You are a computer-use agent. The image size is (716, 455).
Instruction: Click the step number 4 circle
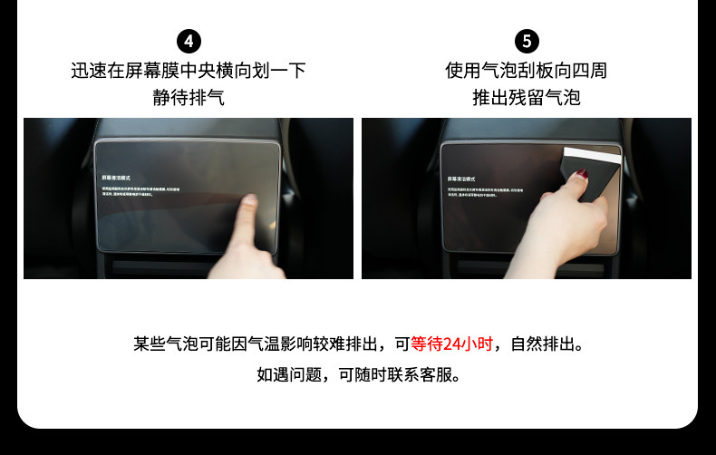point(189,41)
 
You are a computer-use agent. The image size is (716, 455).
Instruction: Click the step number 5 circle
point(527,41)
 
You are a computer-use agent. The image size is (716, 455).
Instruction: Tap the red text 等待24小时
point(451,344)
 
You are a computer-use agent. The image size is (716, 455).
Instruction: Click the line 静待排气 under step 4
point(189,97)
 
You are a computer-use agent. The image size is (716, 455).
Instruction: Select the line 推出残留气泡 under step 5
point(527,97)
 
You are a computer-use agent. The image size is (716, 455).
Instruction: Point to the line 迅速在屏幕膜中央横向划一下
point(189,70)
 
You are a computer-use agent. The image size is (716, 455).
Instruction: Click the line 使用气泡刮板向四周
point(527,70)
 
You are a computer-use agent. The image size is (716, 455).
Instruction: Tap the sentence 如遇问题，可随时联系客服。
point(358,374)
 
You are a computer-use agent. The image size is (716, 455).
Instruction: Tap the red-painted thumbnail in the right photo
point(582,173)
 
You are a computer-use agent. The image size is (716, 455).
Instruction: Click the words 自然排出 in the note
point(542,344)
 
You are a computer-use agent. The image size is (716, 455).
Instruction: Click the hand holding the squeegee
point(566,222)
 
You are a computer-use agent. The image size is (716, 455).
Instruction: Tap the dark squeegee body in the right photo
point(598,181)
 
